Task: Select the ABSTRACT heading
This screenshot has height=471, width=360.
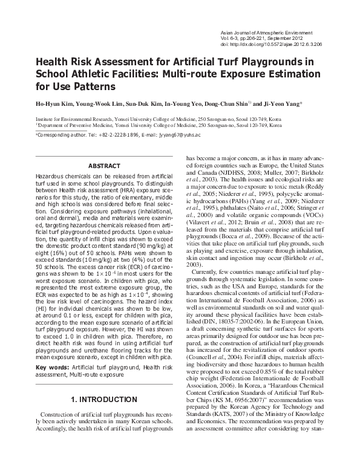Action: click(103, 166)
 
